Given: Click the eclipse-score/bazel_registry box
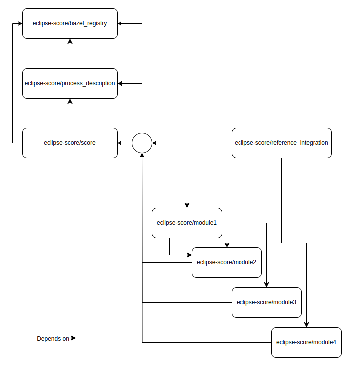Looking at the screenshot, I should tap(70, 23).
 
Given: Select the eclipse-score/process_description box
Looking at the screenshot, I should tap(70, 83).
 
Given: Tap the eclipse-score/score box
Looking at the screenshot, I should tap(70, 143).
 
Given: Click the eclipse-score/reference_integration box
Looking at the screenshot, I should tap(281, 143).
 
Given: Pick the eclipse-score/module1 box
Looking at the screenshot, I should tap(187, 223).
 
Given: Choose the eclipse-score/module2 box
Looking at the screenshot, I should tap(227, 262).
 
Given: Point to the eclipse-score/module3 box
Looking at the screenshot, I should tap(266, 302).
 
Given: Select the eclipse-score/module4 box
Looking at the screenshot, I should tap(306, 342).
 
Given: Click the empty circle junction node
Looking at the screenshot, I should tap(142, 143).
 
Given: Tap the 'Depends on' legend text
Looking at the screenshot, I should tap(53, 339).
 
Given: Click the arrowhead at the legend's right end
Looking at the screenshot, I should tap(73, 338).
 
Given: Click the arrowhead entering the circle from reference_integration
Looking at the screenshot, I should tap(155, 143).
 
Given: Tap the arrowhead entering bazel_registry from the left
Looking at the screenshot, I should tap(19, 23).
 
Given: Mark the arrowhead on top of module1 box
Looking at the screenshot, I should tap(187, 205).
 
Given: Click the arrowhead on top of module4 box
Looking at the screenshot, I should tap(306, 324).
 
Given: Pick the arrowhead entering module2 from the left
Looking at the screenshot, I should tap(189, 255).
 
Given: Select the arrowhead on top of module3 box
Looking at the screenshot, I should tap(266, 284).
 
